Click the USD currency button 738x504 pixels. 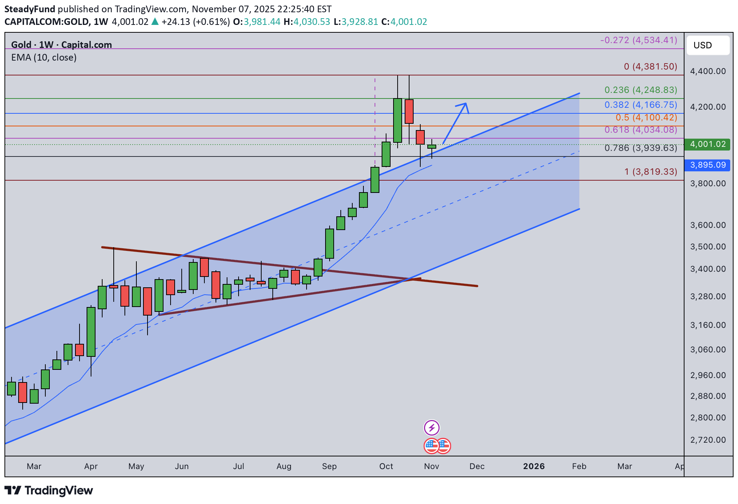[x=708, y=45]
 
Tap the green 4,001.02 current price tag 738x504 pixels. [x=707, y=144]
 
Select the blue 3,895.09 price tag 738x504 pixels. [x=707, y=165]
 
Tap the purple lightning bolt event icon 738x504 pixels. [x=431, y=428]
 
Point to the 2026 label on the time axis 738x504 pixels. [x=534, y=466]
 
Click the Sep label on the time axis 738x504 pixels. [x=329, y=466]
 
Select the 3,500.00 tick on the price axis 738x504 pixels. [x=708, y=247]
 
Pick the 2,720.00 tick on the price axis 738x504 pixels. [x=708, y=440]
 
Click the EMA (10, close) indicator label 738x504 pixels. [x=44, y=58]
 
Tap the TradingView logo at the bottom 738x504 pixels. [x=49, y=491]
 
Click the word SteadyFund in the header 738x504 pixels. [x=30, y=9]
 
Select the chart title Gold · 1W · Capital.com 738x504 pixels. [x=61, y=45]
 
